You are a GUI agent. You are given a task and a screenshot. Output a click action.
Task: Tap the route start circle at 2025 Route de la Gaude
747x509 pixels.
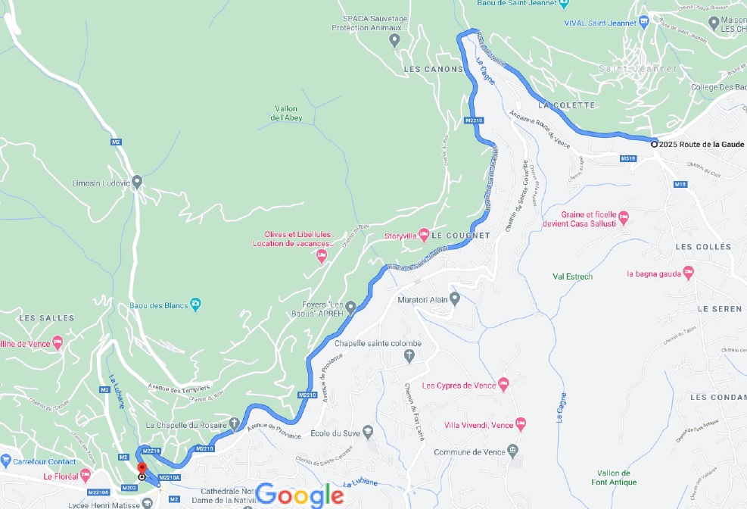pos(655,143)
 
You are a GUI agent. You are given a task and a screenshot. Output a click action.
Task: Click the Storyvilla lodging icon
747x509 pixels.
pos(424,233)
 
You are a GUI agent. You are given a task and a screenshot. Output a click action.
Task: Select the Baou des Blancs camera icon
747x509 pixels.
pos(195,304)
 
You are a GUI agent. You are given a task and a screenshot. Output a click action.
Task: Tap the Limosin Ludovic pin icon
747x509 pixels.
pos(136,182)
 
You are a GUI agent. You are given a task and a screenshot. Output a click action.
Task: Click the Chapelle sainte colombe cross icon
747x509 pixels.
pos(410,354)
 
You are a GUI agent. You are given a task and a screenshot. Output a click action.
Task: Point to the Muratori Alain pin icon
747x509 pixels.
pos(454,298)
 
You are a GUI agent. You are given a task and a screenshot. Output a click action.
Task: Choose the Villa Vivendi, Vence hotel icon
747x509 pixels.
pos(520,423)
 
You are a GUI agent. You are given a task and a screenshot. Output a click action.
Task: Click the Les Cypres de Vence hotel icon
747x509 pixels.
pos(504,385)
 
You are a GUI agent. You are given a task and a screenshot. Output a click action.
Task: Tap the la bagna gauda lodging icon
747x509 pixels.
pos(688,272)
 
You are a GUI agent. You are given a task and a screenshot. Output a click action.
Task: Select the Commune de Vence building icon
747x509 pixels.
pos(513,451)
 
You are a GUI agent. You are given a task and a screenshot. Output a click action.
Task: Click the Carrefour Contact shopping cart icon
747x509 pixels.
pos(5,461)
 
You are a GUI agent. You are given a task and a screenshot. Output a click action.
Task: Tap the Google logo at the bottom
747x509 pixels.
pos(300,495)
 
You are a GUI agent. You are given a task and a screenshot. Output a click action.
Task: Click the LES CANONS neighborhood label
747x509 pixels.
pos(433,69)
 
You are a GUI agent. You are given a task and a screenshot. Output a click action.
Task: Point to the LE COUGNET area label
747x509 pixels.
pos(461,236)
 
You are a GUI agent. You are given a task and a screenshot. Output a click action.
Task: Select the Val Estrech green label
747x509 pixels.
pos(573,276)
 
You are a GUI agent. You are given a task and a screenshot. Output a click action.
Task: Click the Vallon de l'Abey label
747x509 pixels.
pos(286,114)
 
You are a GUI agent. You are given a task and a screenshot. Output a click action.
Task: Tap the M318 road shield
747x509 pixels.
pos(627,158)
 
